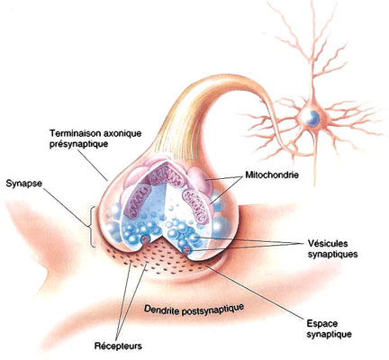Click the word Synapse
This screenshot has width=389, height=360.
tap(24, 184)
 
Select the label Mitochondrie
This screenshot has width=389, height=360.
tap(272, 175)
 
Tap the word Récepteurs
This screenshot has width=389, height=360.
tap(118, 346)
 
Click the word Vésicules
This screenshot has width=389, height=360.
tap(328, 243)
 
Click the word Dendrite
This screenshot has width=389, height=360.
tap(161, 309)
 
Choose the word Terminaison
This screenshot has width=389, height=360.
tap(74, 132)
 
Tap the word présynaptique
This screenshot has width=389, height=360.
tap(79, 144)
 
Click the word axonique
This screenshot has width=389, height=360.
tap(121, 133)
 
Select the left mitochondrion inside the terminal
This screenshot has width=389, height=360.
tap(138, 200)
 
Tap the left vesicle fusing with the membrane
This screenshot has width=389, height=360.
tap(146, 239)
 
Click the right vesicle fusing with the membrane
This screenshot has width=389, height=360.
tap(187, 249)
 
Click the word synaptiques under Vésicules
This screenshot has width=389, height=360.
tap(333, 255)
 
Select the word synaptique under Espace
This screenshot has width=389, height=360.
tap(330, 334)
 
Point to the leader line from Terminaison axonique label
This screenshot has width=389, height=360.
tap(93, 165)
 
